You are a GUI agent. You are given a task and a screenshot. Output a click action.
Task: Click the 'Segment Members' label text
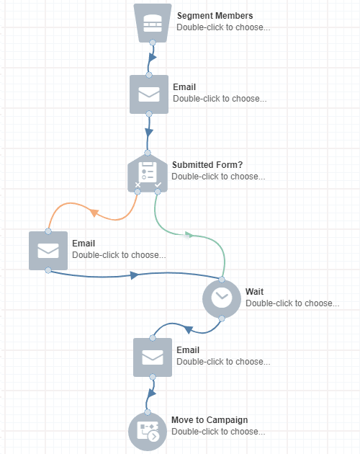click(215, 16)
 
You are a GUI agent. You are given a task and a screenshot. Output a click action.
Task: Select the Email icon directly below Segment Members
click(148, 94)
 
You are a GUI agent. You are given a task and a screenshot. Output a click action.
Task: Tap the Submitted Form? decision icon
click(148, 173)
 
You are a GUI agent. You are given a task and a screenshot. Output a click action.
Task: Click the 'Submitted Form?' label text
click(202, 164)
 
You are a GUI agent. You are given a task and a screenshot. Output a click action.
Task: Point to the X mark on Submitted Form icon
click(138, 185)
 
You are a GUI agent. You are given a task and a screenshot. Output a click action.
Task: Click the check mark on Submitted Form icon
click(158, 185)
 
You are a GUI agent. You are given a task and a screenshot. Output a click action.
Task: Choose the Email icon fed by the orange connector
click(48, 251)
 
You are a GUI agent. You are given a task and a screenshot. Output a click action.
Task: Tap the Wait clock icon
click(221, 299)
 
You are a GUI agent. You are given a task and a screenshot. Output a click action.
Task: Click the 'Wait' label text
click(254, 291)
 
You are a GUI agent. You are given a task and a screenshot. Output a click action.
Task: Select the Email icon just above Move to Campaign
click(153, 357)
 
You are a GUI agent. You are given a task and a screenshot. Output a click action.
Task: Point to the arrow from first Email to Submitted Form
click(149, 133)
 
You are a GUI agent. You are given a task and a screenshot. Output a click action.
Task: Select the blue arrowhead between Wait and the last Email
click(188, 329)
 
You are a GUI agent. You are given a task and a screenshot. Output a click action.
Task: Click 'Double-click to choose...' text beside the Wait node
click(292, 303)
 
